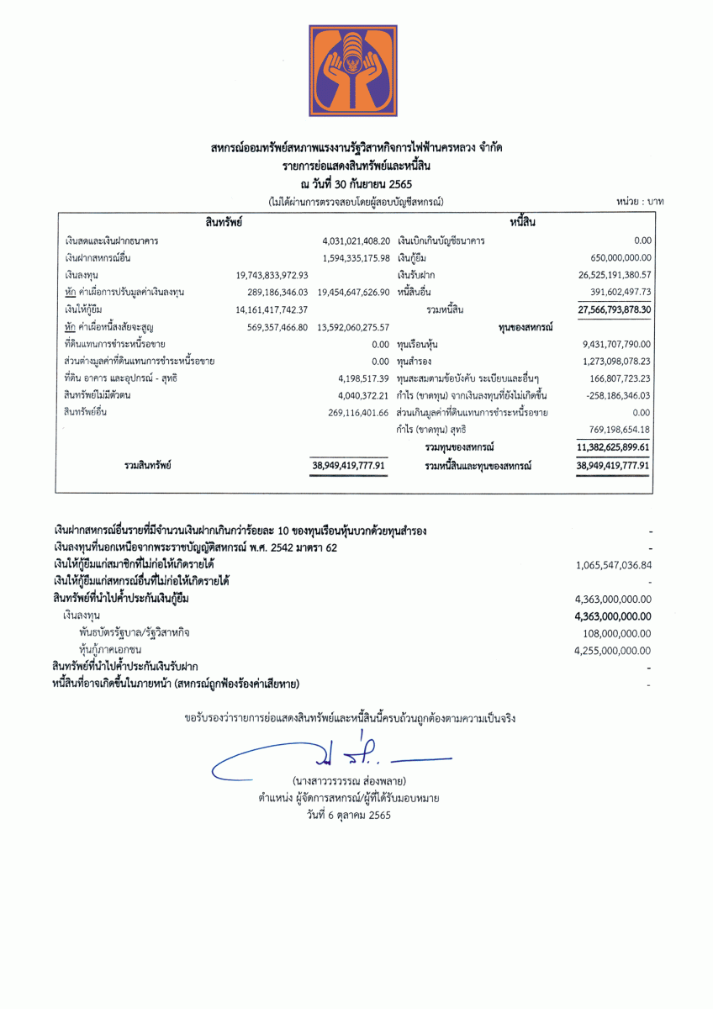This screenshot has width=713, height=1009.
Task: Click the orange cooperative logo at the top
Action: click(x=353, y=69)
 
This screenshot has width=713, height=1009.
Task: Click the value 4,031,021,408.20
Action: click(x=356, y=241)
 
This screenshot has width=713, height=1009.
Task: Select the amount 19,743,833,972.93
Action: click(x=272, y=275)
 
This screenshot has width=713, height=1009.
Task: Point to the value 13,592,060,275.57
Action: click(x=354, y=326)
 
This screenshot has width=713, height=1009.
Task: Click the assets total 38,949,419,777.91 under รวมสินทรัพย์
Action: click(x=348, y=465)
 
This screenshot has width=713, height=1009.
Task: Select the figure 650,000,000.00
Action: click(x=621, y=258)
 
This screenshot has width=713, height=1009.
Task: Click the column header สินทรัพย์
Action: click(x=224, y=222)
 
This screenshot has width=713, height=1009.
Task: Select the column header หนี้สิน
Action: click(x=522, y=222)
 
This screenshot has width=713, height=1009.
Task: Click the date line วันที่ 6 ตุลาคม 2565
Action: click(x=349, y=814)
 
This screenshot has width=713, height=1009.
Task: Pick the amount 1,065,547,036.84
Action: click(x=614, y=565)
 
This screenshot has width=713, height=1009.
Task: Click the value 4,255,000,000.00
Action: click(x=612, y=650)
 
